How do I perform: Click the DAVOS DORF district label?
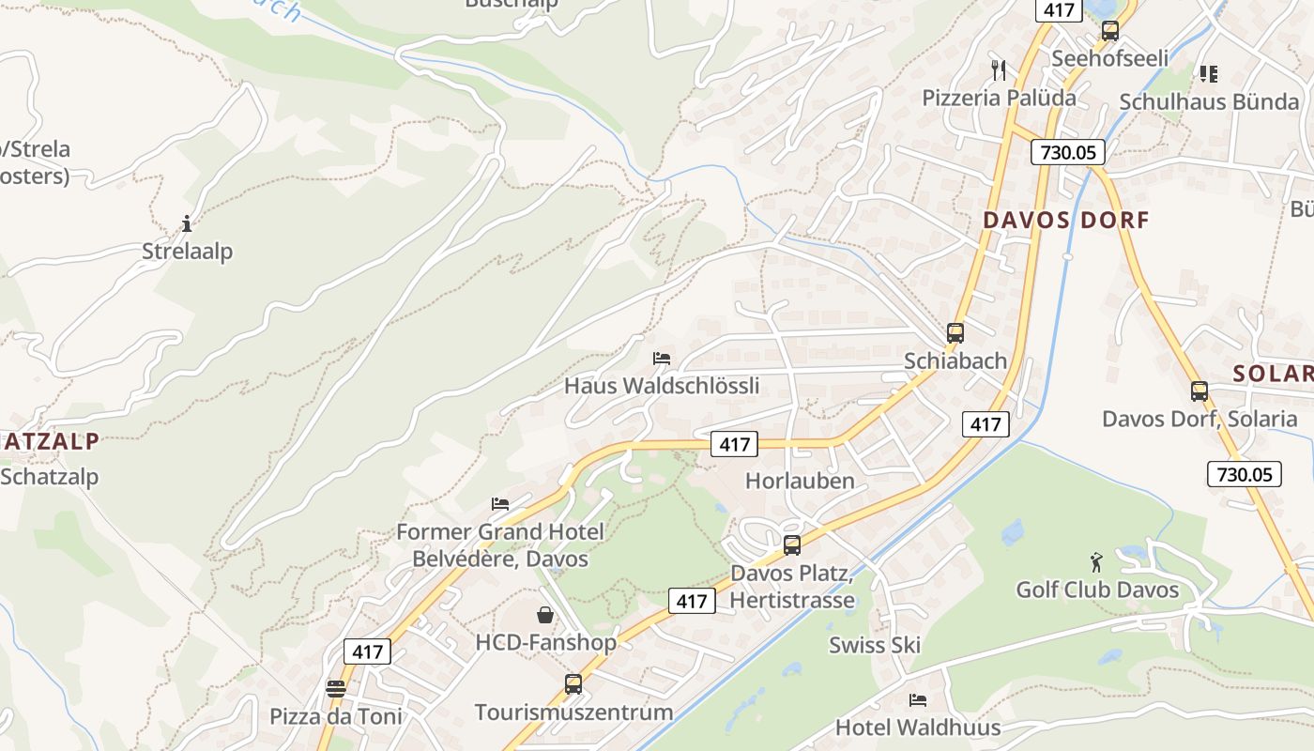click(x=1065, y=221)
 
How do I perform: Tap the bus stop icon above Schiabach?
click(x=955, y=333)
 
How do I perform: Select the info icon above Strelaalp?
click(x=187, y=224)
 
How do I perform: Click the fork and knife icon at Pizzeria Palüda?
click(x=999, y=69)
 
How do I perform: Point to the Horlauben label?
click(x=800, y=482)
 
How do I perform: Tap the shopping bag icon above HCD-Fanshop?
click(x=545, y=615)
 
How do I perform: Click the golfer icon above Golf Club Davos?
click(x=1096, y=562)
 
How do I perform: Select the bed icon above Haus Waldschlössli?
click(x=662, y=359)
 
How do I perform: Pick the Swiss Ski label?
click(x=874, y=645)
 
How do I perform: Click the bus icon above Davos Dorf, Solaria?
click(x=1199, y=391)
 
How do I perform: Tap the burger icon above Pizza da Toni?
click(x=336, y=688)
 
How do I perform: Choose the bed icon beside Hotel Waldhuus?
click(x=917, y=700)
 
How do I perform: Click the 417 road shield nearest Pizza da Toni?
click(x=367, y=651)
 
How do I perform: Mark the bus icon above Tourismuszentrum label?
click(x=573, y=684)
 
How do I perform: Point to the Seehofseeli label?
click(x=1109, y=59)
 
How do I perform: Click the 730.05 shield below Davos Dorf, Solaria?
click(x=1245, y=474)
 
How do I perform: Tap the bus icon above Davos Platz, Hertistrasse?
click(x=792, y=545)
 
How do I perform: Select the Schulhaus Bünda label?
click(x=1209, y=102)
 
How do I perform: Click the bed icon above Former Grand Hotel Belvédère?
click(x=500, y=504)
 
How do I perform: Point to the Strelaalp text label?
click(x=187, y=252)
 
